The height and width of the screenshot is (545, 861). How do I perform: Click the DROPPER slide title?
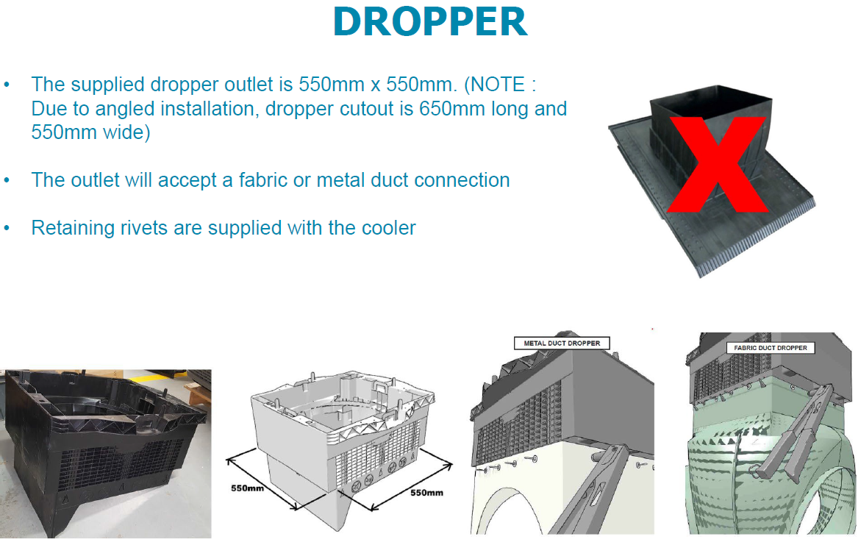[430, 23]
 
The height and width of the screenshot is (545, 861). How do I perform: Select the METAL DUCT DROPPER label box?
[562, 343]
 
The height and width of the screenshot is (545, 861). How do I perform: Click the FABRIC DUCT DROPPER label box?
[771, 347]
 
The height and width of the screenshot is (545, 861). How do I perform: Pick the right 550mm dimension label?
[426, 492]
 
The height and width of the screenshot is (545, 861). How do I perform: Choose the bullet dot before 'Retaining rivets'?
[7, 227]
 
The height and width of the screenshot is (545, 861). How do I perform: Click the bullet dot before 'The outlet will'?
[7, 179]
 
